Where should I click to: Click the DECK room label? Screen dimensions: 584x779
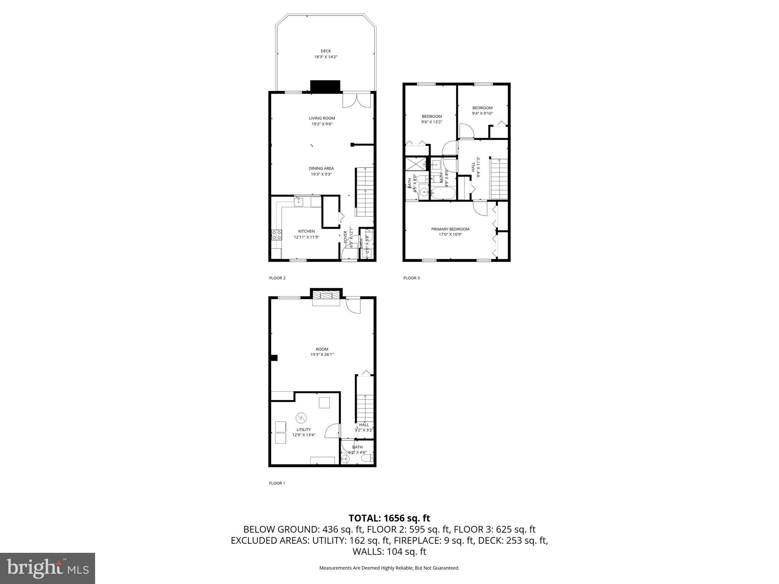(x=326, y=51)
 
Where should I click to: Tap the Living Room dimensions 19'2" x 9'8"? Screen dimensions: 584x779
(x=322, y=124)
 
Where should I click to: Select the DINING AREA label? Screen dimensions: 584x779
(x=321, y=168)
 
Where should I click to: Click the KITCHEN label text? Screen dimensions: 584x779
(x=306, y=231)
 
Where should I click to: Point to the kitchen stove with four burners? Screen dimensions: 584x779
(x=277, y=235)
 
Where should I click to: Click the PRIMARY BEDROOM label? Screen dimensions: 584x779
(x=450, y=229)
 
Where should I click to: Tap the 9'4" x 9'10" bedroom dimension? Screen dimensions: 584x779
(x=482, y=113)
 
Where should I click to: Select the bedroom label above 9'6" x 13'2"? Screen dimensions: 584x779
(x=432, y=116)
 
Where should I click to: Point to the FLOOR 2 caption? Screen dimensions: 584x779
(x=277, y=278)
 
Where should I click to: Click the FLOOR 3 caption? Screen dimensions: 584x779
(x=412, y=278)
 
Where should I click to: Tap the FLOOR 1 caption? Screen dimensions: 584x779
(x=277, y=483)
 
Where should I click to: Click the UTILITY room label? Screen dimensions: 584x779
(x=304, y=430)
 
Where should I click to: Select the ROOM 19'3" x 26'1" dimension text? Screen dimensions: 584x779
(x=322, y=355)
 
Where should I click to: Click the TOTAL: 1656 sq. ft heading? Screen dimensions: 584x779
(x=389, y=518)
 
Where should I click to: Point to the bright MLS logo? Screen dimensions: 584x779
(x=48, y=568)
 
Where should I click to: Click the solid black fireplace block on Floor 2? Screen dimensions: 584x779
(x=325, y=86)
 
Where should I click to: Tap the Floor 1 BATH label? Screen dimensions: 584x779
(x=357, y=447)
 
